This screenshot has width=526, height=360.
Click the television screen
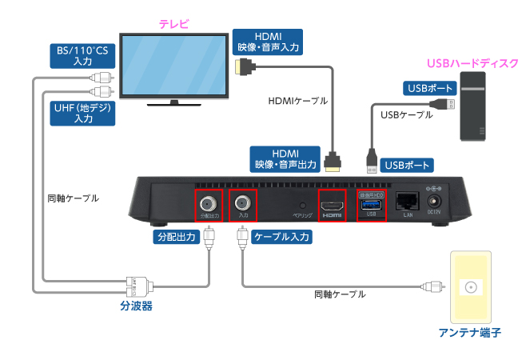pyautogui.click(x=172, y=65)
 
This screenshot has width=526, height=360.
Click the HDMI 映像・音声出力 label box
pyautogui.click(x=285, y=158)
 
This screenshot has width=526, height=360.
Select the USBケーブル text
pyautogui.click(x=407, y=114)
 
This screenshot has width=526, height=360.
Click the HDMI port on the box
pyautogui.click(x=332, y=206)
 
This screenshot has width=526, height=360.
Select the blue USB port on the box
pyautogui.click(x=370, y=204)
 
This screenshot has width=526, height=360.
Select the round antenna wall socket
pyautogui.click(x=472, y=288)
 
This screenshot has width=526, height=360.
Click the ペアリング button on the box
pyautogui.click(x=302, y=205)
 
